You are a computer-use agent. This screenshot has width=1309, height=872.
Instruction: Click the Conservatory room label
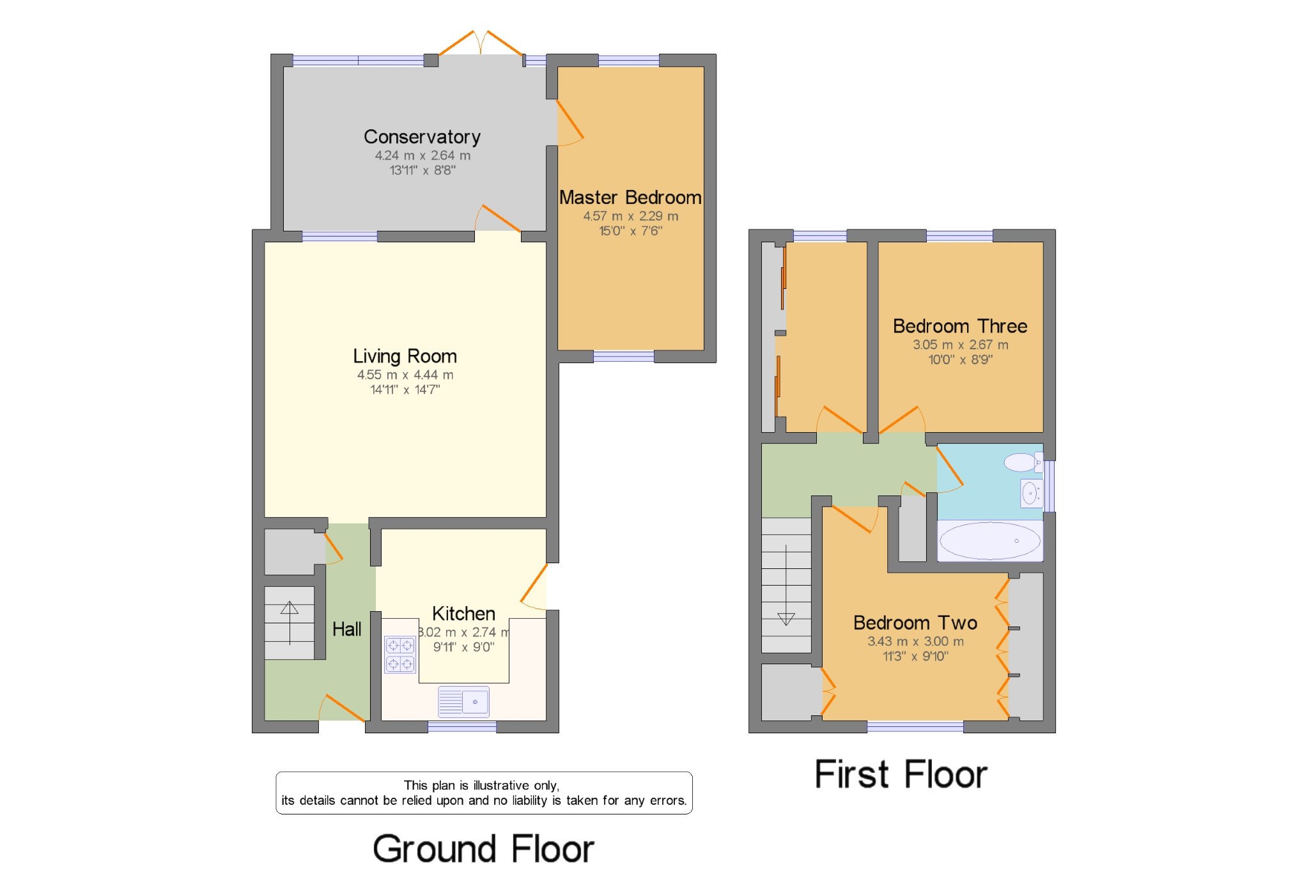click(x=422, y=137)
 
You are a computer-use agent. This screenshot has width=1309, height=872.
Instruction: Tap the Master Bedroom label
click(x=630, y=198)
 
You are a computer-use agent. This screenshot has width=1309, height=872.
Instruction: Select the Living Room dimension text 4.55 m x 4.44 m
click(x=405, y=375)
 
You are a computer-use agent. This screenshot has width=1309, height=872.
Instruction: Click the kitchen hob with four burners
click(x=400, y=654)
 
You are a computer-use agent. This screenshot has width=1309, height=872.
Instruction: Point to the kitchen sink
click(x=463, y=701)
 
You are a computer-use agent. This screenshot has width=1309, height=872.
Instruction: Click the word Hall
click(x=346, y=630)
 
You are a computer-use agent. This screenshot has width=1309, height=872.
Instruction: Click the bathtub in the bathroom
click(x=989, y=541)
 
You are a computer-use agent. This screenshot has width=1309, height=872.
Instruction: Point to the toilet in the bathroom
click(x=1021, y=462)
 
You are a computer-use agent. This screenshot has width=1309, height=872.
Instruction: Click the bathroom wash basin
click(x=1030, y=493)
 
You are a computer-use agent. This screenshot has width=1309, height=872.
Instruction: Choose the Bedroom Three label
click(x=959, y=326)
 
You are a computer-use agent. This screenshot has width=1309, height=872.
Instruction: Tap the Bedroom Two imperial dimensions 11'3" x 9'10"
click(x=915, y=656)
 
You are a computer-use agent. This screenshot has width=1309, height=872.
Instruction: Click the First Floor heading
click(x=900, y=774)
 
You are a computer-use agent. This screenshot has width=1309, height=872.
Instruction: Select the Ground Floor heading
click(x=483, y=849)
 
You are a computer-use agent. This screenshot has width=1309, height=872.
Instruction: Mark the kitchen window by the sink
click(x=461, y=726)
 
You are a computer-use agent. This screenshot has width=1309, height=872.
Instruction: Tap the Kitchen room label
click(x=463, y=614)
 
